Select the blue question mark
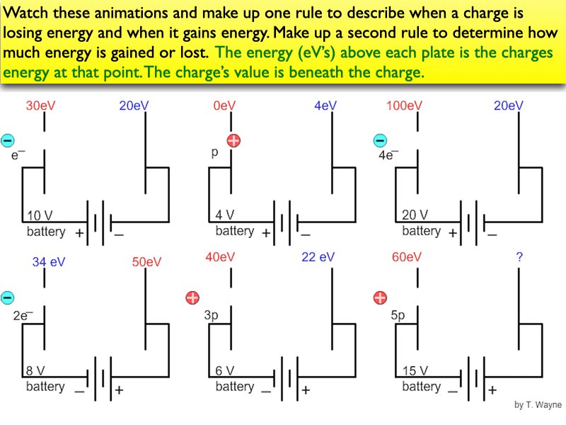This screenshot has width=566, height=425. click(x=520, y=258)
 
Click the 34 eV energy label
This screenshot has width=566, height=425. click(x=49, y=262)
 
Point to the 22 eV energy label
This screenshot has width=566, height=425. click(x=318, y=258)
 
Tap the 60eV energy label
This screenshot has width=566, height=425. click(x=407, y=258)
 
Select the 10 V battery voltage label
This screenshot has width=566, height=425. click(x=39, y=215)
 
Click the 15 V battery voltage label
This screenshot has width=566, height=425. click(x=415, y=370)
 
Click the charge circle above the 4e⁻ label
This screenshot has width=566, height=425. click(x=380, y=140)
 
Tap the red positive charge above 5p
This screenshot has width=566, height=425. click(x=380, y=297)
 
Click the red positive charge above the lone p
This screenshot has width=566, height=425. click(x=233, y=140)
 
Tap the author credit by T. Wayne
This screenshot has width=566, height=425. click(x=538, y=405)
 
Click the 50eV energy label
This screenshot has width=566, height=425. click(x=147, y=262)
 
